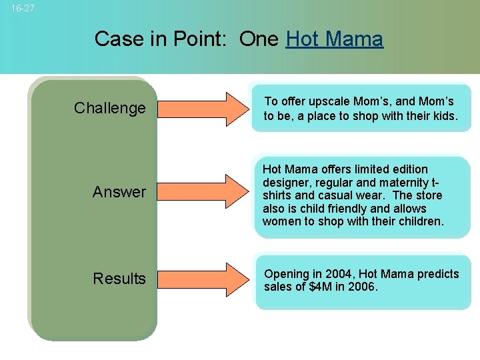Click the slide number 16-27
coord(23,9)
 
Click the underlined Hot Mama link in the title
coord(334,39)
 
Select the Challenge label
coord(109,108)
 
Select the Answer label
coord(119,192)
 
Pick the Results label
coord(119,279)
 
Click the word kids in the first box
coord(443,116)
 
